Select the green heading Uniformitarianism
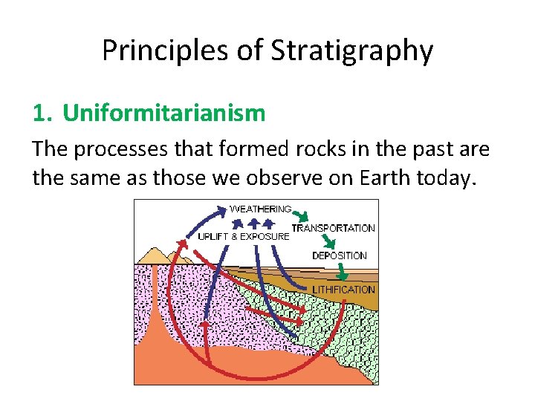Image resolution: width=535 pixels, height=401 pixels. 163,113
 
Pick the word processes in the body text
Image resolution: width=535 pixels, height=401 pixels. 132,149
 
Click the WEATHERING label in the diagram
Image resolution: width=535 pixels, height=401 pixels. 261,209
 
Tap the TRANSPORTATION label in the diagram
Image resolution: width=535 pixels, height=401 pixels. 333,228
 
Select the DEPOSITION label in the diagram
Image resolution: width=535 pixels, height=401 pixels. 340,255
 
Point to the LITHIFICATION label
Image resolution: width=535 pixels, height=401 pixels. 344,289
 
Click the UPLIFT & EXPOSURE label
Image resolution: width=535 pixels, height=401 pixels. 244,236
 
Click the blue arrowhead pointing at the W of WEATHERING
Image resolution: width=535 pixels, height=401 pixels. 221,212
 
